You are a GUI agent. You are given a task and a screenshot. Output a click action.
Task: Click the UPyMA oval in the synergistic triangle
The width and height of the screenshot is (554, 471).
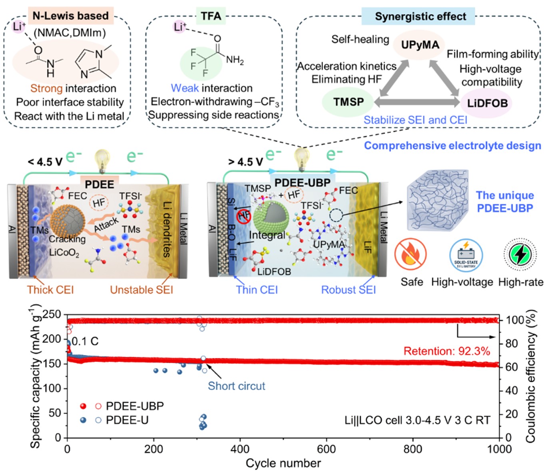click(420, 45)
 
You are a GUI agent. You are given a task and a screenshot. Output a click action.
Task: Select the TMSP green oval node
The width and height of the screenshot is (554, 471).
click(349, 102)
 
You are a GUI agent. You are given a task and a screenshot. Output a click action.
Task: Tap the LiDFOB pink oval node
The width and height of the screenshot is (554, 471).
click(487, 103)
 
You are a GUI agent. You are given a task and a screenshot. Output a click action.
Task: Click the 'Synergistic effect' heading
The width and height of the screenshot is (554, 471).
click(420, 17)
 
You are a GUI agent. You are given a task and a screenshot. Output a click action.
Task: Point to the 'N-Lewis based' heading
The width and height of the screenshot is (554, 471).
click(70, 16)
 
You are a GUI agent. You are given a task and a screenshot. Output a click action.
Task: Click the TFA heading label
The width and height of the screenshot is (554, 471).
click(211, 16)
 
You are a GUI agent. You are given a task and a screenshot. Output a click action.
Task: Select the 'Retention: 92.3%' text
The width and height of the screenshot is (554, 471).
click(446, 351)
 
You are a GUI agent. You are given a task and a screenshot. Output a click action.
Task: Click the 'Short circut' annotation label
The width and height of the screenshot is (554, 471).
click(236, 386)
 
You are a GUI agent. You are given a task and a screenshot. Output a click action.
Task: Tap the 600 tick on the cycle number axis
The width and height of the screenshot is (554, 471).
click(326, 449)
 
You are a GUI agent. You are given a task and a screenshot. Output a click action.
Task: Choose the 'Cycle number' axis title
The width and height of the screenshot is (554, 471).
click(283, 463)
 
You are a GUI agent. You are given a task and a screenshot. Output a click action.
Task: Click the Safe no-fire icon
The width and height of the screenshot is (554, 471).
click(411, 254)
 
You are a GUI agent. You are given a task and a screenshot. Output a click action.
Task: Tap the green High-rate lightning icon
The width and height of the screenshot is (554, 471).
click(520, 254)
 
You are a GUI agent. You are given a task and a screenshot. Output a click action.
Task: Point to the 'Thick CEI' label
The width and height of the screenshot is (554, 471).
click(50, 290)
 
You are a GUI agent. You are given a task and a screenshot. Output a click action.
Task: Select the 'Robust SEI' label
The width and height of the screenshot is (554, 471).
click(349, 290)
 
